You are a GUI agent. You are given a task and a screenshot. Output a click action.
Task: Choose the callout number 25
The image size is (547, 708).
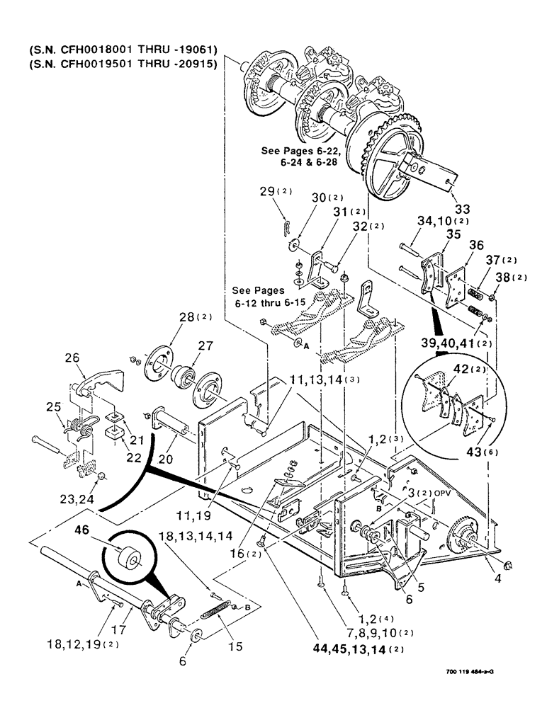tap(55, 409)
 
